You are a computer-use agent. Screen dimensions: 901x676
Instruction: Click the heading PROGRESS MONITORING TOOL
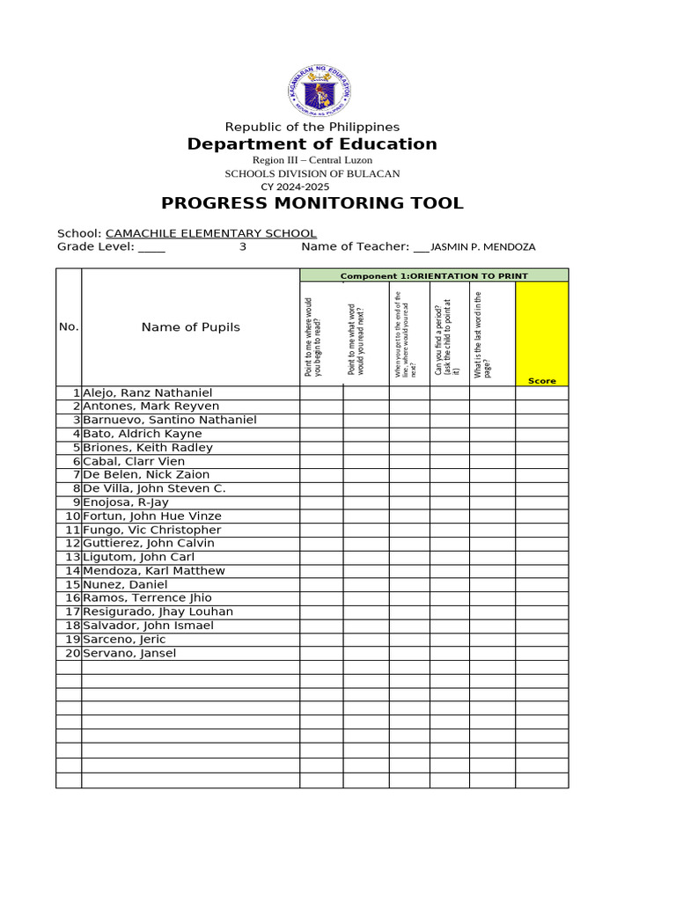click(x=312, y=204)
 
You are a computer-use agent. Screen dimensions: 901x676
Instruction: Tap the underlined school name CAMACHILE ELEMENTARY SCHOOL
click(x=211, y=233)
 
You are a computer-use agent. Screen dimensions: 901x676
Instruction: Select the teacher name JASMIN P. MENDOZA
click(x=482, y=247)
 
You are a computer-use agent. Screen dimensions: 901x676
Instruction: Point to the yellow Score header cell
click(x=542, y=333)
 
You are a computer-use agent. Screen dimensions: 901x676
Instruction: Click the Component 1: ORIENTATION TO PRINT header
click(x=434, y=275)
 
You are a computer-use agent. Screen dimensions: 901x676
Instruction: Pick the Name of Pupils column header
click(x=190, y=327)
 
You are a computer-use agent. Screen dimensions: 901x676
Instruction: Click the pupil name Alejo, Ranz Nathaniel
click(x=147, y=392)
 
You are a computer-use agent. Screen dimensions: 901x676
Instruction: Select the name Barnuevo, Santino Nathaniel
click(x=169, y=420)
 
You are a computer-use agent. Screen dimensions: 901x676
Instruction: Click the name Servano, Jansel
click(x=129, y=653)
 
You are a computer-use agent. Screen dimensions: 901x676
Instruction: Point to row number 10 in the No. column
click(x=72, y=516)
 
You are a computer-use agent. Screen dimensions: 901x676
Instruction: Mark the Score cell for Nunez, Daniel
click(x=542, y=584)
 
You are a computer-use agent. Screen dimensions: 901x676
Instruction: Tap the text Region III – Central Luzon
click(x=312, y=160)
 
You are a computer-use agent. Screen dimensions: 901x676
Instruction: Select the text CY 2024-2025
click(x=295, y=187)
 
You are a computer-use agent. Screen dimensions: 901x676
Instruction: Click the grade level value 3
click(x=243, y=247)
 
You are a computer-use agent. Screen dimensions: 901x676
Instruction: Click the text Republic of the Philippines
click(x=312, y=128)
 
